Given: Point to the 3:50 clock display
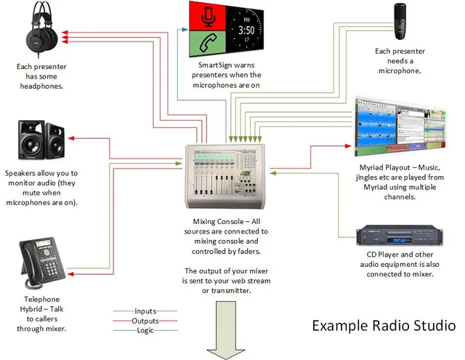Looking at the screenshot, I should [x=248, y=31].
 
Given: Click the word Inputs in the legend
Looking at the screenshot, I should [x=145, y=311].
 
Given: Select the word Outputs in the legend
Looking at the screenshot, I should [x=145, y=321].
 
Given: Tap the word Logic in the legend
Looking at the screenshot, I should [x=145, y=330].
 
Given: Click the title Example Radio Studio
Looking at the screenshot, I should [x=384, y=324].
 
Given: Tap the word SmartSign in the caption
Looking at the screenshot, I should [x=216, y=65].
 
